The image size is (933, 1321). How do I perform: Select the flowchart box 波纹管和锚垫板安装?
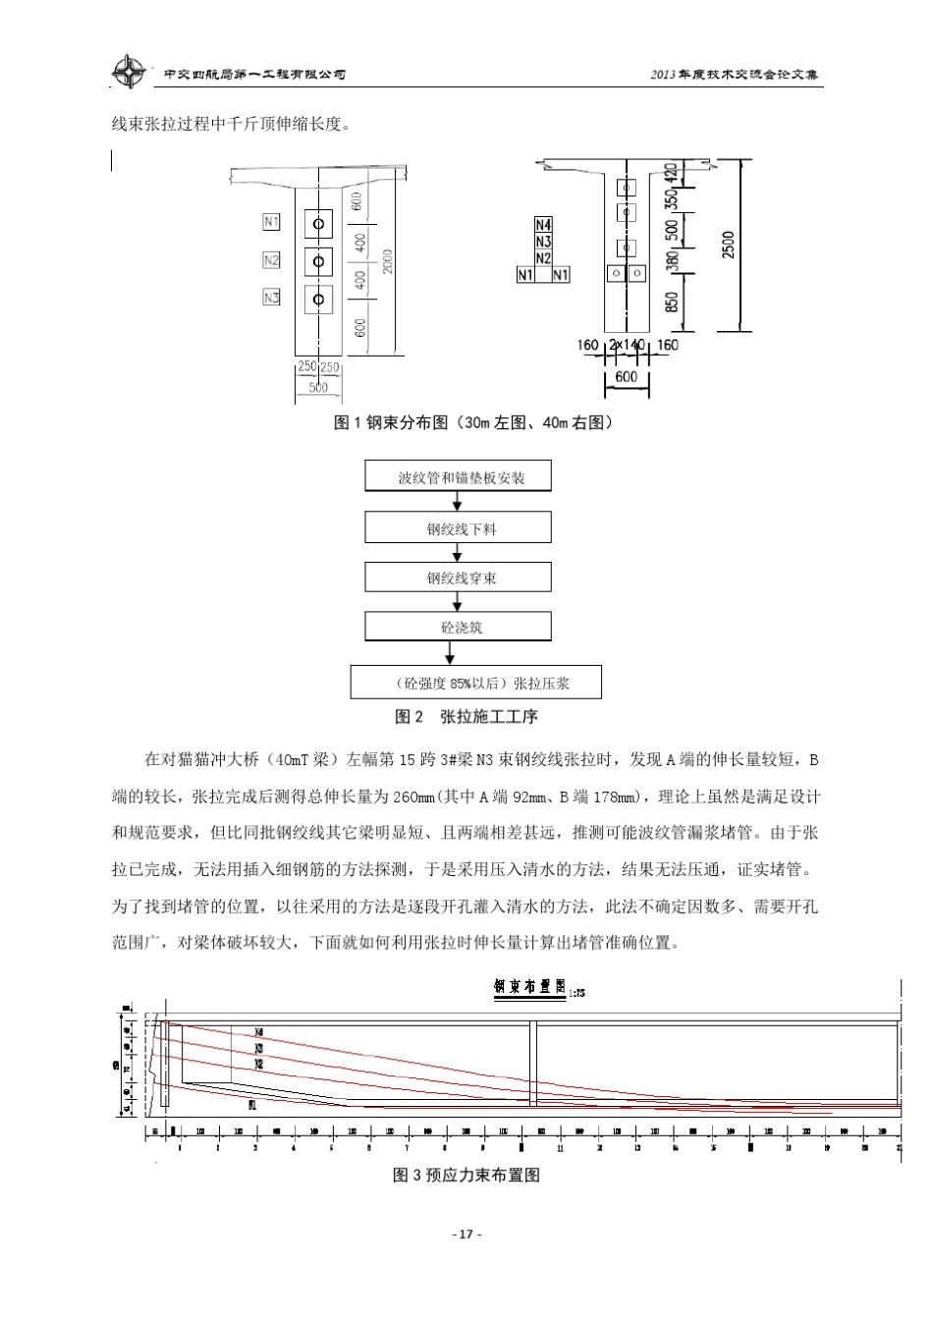[x=459, y=477]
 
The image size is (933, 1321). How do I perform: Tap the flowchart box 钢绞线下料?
[x=459, y=528]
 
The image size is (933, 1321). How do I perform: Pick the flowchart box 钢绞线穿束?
[x=459, y=578]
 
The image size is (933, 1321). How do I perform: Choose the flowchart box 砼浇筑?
[x=459, y=627]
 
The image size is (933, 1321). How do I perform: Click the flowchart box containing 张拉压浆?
[x=475, y=683]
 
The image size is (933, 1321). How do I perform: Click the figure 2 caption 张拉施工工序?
[x=466, y=717]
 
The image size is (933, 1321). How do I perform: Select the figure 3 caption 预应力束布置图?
[x=466, y=1175]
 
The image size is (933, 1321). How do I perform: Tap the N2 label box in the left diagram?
[x=271, y=260]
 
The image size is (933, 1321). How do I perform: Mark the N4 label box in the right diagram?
[x=543, y=225]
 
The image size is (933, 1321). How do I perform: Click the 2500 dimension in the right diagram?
[x=728, y=246]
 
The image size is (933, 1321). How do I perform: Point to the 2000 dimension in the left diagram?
[x=389, y=260]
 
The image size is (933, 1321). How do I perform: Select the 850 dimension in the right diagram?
[x=672, y=300]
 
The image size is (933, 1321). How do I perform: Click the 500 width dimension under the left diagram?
[x=318, y=388]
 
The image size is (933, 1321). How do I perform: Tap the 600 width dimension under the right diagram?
[x=626, y=376]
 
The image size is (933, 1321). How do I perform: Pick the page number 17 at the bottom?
[x=466, y=1234]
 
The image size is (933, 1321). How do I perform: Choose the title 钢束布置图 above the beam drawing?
[x=530, y=986]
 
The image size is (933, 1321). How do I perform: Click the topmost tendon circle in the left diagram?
[x=318, y=225]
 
